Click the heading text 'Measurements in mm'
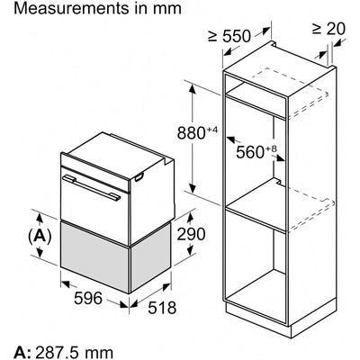[97, 8]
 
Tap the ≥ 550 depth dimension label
[229, 37]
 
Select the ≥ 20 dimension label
[328, 29]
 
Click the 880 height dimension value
[191, 133]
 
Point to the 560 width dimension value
[249, 152]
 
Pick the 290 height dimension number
[191, 234]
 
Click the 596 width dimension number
[88, 298]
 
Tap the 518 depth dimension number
[162, 308]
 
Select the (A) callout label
[40, 237]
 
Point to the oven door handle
[92, 187]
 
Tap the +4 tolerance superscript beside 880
[211, 130]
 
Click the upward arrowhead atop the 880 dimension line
[193, 89]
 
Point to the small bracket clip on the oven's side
[139, 178]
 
